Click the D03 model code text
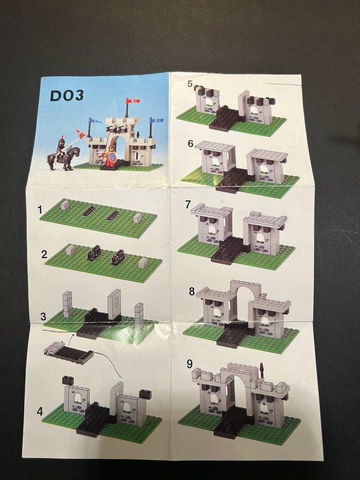(x=67, y=96)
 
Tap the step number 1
(x=40, y=210)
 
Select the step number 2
(x=44, y=254)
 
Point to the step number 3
(x=43, y=316)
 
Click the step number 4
(x=40, y=411)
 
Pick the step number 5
(x=190, y=83)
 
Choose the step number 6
(x=191, y=143)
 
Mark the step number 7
(x=188, y=204)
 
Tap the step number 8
(x=191, y=291)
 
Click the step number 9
(x=189, y=364)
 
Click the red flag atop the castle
(x=133, y=101)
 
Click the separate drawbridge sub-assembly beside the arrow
(x=68, y=353)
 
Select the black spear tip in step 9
(x=261, y=367)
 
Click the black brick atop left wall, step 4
(x=68, y=380)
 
